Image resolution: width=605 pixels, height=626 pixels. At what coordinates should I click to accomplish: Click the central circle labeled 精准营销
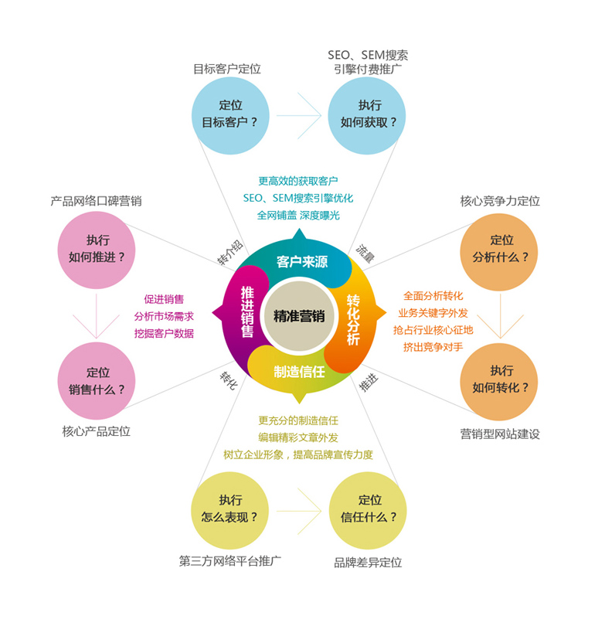[x=299, y=316]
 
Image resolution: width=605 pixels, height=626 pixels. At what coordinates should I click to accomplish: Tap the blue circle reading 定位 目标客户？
[x=230, y=116]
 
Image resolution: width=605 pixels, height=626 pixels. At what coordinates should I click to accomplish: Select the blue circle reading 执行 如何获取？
[x=367, y=116]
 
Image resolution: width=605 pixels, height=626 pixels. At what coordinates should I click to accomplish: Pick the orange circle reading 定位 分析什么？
[x=499, y=252]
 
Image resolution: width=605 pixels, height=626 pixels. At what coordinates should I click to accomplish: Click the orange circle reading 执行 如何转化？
[x=499, y=382]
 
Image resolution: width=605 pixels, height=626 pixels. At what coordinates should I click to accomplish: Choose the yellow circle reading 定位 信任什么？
[x=368, y=511]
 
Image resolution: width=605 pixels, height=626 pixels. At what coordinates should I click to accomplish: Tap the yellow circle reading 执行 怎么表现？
[x=229, y=511]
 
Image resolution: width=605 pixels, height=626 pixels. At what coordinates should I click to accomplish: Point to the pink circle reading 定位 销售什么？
[x=97, y=381]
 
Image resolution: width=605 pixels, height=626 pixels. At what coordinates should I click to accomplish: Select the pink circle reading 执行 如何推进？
[x=97, y=250]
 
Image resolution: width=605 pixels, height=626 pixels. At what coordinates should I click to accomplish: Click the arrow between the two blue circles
[x=299, y=116]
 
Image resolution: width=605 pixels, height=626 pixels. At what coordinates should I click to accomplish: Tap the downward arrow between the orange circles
[x=500, y=316]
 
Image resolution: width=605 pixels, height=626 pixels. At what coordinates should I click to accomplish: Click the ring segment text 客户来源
[x=302, y=262]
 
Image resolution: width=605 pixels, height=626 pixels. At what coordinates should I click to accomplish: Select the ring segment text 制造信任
[x=299, y=372]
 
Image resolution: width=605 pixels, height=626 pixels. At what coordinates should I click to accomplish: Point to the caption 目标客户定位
[x=227, y=69]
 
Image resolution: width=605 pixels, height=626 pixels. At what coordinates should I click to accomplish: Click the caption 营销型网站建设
[x=500, y=434]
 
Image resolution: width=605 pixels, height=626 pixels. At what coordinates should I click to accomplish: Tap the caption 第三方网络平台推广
[x=229, y=561]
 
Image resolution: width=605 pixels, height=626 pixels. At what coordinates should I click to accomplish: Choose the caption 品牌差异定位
[x=368, y=563]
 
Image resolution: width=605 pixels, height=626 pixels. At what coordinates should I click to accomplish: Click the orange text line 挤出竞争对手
[x=433, y=347]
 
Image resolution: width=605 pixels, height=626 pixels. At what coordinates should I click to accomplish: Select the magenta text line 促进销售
[x=164, y=299]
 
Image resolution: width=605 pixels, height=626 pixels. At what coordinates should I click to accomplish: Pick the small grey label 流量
[x=365, y=254]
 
